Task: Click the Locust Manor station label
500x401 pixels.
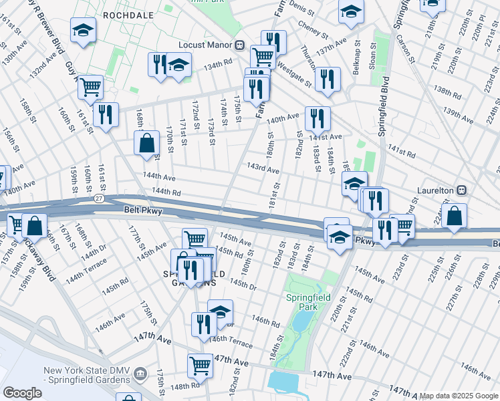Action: [x=204, y=45]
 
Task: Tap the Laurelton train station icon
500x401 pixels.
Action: [x=461, y=190]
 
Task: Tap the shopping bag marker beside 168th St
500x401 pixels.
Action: [x=146, y=143]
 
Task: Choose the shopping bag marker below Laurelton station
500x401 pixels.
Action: [x=454, y=216]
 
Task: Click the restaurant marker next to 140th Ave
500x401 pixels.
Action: [x=318, y=118]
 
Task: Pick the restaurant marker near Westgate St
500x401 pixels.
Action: [x=328, y=79]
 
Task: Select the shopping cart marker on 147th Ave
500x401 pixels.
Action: [x=200, y=365]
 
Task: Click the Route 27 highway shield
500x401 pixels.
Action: [x=99, y=199]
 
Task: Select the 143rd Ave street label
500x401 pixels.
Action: [x=263, y=170]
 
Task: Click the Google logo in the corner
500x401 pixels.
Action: [x=22, y=392]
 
